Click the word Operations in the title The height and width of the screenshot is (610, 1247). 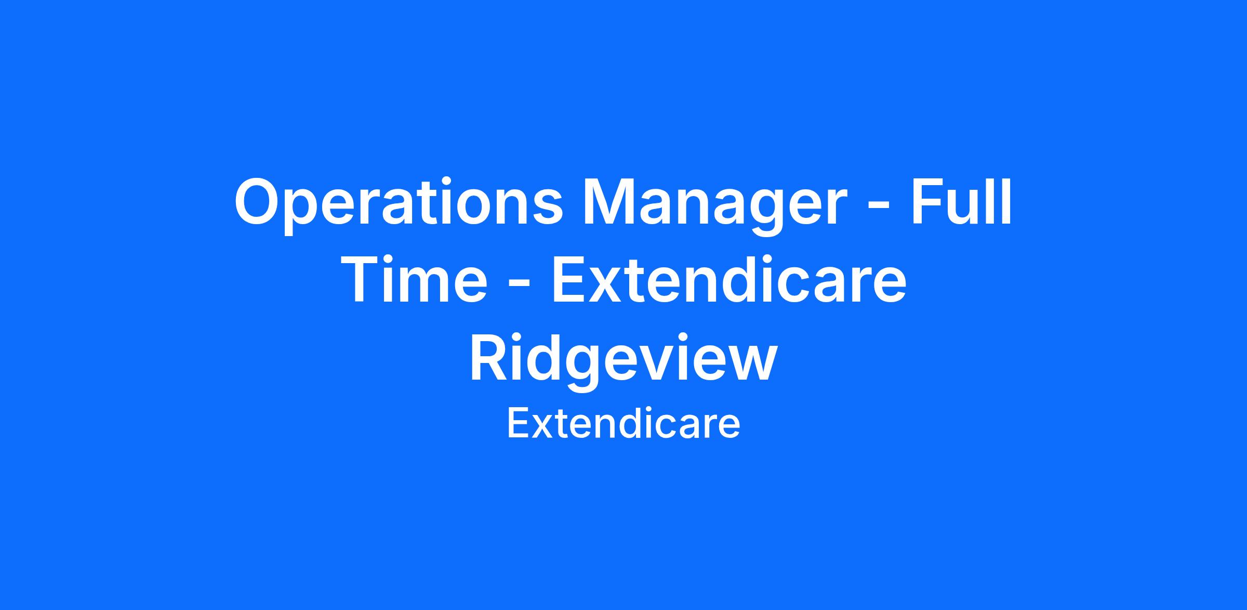coord(399,203)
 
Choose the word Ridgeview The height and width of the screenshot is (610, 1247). coord(623,359)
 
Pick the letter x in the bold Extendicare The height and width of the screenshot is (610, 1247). coord(607,285)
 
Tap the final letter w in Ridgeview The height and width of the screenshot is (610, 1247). coord(751,364)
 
